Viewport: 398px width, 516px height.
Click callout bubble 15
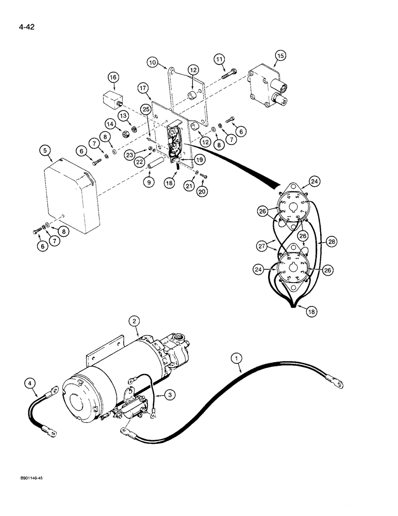[x=280, y=55]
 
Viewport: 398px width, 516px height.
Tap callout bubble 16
[x=113, y=77]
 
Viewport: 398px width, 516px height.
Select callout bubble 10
[x=152, y=62]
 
